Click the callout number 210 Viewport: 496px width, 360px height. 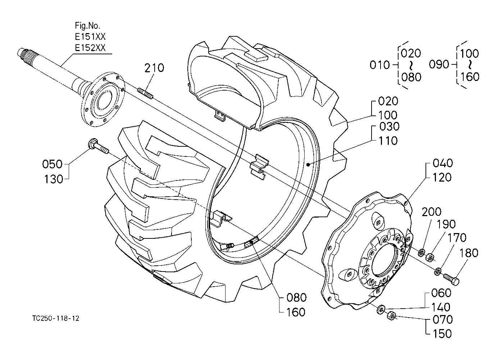154,68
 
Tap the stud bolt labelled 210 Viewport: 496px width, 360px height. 145,94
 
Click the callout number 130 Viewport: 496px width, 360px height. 54,179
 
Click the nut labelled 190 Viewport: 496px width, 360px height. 430,257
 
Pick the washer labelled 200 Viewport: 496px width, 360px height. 422,252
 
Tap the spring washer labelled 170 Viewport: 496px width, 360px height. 438,271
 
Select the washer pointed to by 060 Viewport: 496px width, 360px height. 381,309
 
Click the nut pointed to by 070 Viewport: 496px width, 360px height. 391,316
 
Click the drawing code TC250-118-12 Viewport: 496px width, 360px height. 56,318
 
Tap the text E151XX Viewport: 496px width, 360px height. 90,37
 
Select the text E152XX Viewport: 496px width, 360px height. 90,48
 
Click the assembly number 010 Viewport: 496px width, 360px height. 379,65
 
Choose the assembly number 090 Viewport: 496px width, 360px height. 439,64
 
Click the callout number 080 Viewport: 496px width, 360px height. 296,297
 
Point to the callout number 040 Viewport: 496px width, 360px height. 443,163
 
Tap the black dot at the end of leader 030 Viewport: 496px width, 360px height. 308,164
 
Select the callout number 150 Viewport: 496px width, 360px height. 442,334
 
